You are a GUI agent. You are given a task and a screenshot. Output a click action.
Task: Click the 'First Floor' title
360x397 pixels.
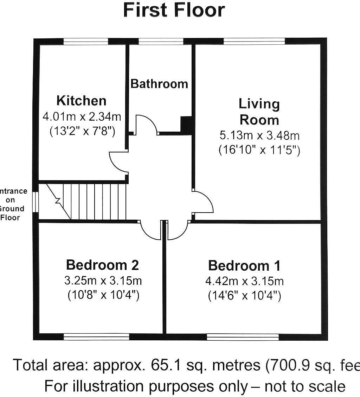tap(174, 10)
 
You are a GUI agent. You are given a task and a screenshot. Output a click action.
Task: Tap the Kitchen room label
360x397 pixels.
tap(81, 101)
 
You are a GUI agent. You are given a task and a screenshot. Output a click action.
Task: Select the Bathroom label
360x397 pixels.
tap(159, 84)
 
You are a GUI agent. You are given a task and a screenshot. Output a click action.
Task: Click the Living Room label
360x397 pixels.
tap(259, 112)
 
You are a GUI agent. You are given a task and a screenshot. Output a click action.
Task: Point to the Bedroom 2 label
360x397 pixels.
tap(102, 265)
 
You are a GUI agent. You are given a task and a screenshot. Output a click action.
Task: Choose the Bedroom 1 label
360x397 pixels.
tap(244, 265)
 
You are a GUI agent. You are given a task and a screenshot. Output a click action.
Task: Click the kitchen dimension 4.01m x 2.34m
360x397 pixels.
tap(82, 116)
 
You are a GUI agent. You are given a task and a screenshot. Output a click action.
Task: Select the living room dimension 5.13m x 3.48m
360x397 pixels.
tap(259, 135)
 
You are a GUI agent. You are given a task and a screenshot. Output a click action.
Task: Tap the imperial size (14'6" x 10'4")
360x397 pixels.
tap(244, 296)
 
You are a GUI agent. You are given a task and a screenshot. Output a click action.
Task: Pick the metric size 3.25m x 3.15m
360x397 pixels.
tap(103, 281)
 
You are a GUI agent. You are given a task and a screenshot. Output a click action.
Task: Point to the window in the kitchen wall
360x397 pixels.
tap(85, 42)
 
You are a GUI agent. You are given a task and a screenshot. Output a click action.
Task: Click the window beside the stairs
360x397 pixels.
tap(36, 201)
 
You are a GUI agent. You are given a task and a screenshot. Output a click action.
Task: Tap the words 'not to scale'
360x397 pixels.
tap(305, 386)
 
